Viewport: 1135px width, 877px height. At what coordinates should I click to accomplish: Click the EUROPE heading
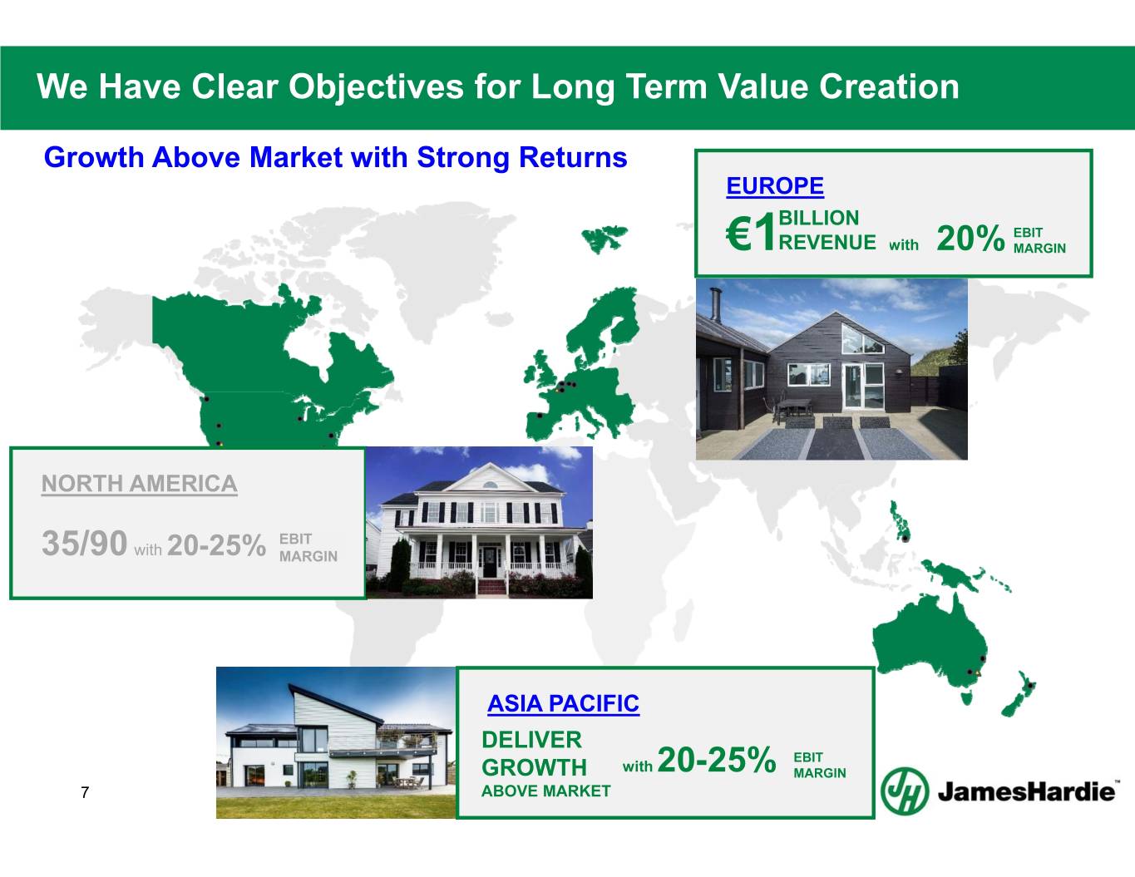[775, 186]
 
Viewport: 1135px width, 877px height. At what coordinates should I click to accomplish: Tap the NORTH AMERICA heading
[140, 484]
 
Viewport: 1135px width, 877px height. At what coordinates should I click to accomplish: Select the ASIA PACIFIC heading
[563, 703]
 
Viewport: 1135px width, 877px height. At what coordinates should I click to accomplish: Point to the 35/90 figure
[84, 543]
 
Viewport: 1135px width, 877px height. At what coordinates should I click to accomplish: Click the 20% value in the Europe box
[970, 239]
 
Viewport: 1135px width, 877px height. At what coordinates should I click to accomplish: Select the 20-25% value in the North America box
[216, 545]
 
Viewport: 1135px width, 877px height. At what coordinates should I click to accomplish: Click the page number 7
[85, 792]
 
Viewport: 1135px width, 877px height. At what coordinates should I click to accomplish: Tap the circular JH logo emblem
[905, 791]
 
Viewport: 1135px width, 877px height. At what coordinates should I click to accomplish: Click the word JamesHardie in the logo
[1026, 792]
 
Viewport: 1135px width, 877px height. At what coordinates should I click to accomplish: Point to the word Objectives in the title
[376, 86]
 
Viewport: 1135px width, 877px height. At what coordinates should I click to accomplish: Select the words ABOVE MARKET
[545, 791]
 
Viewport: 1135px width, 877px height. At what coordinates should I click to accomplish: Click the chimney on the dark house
[716, 304]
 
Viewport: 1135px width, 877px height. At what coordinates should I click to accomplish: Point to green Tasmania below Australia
[967, 698]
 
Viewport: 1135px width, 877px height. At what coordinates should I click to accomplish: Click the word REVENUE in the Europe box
[827, 242]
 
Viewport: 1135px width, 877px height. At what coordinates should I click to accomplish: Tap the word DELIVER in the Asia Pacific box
[531, 740]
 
